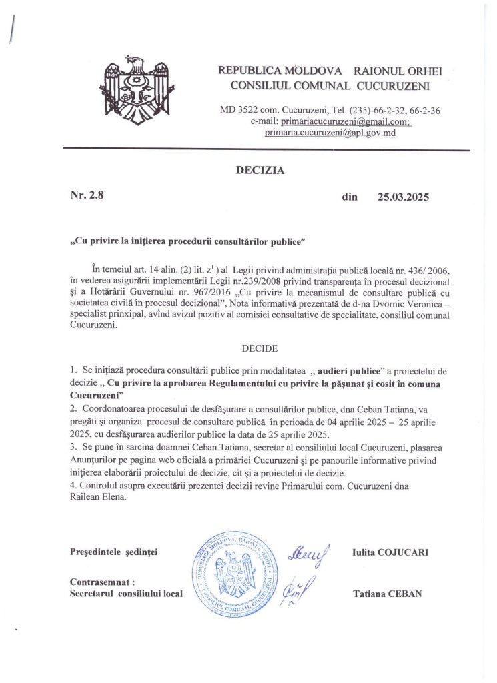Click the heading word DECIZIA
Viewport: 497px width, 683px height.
[x=260, y=171]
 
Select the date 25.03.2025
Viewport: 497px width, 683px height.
[x=403, y=197]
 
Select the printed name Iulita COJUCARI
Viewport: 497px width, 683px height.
[x=390, y=553]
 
